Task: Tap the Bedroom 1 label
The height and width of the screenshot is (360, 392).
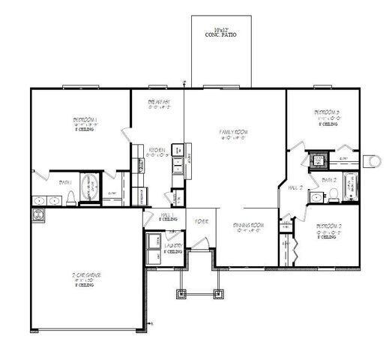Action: (x=85, y=120)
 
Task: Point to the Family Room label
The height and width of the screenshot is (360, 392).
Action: (x=233, y=133)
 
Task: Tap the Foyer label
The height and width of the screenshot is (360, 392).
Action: (x=202, y=221)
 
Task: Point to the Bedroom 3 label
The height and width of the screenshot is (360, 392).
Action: (x=327, y=114)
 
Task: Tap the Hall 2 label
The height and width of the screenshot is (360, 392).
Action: (x=295, y=188)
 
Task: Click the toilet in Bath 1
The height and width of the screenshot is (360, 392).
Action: (x=70, y=198)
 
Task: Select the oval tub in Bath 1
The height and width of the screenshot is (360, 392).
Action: (x=89, y=187)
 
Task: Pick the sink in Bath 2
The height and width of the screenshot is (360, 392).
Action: (x=316, y=197)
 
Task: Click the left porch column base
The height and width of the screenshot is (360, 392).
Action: (x=180, y=293)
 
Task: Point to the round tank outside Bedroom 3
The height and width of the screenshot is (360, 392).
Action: (x=372, y=159)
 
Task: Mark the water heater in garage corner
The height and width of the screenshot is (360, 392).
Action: (x=37, y=214)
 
